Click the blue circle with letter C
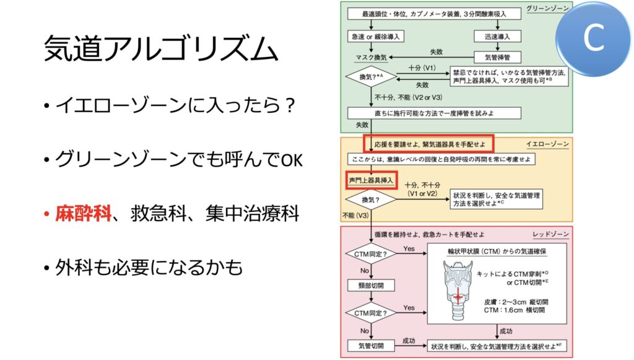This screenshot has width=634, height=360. click(594, 38)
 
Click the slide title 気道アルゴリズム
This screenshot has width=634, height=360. click(161, 49)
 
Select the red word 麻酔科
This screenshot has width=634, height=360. click(83, 213)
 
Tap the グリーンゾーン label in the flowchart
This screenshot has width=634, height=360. click(547, 8)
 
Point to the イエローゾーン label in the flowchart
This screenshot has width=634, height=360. click(547, 144)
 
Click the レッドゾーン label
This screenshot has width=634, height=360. click(550, 234)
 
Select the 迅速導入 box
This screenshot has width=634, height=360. click(497, 37)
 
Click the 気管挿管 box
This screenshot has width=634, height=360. click(497, 57)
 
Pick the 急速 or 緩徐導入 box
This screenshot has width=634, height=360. click(376, 37)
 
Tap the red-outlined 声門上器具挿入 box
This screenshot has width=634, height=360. click(371, 180)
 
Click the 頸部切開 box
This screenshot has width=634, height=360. click(371, 286)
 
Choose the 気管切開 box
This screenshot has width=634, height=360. click(371, 346)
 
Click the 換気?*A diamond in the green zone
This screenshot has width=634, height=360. click(371, 76)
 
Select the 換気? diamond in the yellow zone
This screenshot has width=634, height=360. click(371, 200)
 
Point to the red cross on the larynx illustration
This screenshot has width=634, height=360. click(458, 297)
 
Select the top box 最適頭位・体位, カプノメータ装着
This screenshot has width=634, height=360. click(434, 14)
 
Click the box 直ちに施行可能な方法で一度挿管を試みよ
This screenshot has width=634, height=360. click(434, 113)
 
